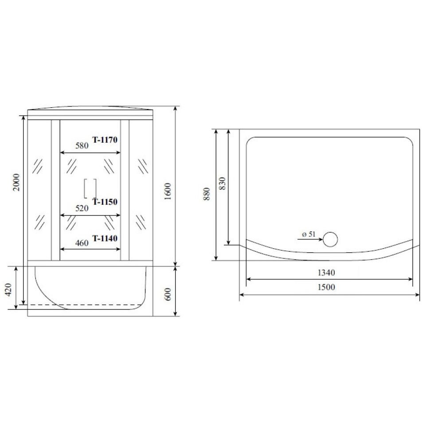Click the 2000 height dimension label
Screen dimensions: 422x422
click(16, 182)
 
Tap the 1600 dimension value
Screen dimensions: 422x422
click(168, 191)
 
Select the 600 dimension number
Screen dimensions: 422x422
click(168, 294)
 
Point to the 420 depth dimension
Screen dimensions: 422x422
click(8, 289)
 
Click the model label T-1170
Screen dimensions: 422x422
click(105, 140)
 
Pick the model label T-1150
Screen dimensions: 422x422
click(105, 202)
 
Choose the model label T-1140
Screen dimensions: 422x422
click(105, 238)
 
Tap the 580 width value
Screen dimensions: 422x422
click(82, 145)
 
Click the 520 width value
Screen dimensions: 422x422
click(82, 208)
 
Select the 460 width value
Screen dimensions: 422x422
click(82, 243)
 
